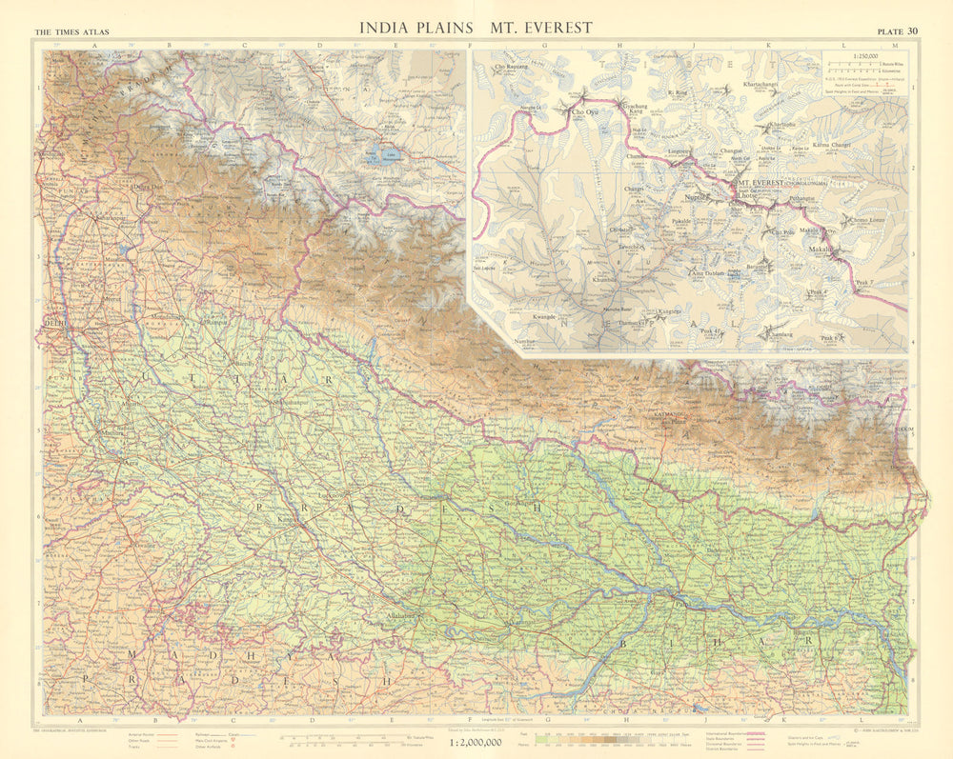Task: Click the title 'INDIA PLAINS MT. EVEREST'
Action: pyautogui.click(x=475, y=28)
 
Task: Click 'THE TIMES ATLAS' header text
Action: pyautogui.click(x=71, y=32)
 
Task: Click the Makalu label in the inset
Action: pyautogui.click(x=820, y=250)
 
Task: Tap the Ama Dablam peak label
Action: pyautogui.click(x=710, y=273)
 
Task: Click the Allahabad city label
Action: pyautogui.click(x=402, y=616)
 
